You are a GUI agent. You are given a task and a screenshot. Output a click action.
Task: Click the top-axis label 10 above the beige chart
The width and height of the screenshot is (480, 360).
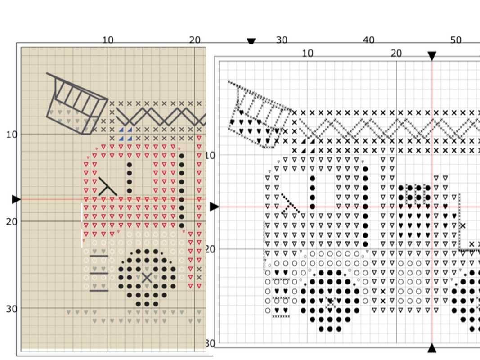[108, 40]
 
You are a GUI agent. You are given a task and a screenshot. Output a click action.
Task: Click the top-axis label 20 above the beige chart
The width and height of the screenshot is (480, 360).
[195, 40]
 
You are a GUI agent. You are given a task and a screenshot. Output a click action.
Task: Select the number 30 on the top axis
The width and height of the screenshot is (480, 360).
[282, 40]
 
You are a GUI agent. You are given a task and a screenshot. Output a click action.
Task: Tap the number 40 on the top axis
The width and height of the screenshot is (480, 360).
[368, 40]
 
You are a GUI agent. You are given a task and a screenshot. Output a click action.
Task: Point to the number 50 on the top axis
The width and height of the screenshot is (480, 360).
[456, 40]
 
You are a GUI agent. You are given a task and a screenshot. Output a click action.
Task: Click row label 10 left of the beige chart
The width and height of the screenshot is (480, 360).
[12, 135]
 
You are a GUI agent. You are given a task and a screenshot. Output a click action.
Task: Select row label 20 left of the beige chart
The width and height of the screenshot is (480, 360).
[12, 221]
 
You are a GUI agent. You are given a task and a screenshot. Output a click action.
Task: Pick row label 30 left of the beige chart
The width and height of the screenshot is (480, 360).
[12, 309]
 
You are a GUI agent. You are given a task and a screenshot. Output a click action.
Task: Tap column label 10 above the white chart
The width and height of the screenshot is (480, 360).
[308, 54]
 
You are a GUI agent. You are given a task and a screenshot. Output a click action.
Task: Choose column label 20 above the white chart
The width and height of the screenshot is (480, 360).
[396, 54]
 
